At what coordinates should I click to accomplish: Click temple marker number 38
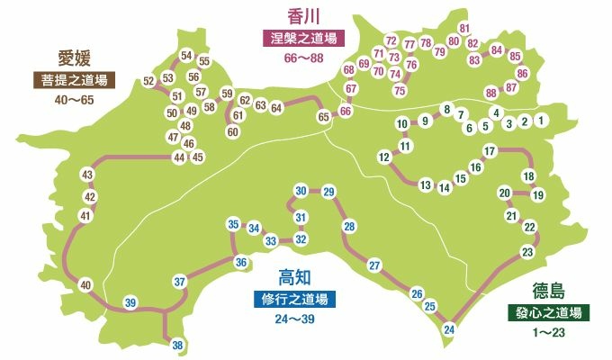click(177, 346)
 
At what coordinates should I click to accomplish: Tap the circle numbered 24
click(449, 330)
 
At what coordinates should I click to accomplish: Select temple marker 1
click(540, 120)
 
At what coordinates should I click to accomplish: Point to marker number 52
click(148, 82)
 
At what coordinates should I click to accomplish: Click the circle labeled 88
click(490, 93)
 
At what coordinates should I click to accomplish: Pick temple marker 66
click(345, 111)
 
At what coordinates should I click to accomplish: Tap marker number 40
click(85, 285)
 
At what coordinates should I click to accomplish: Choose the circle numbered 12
click(383, 157)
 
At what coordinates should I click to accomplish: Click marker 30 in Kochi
click(301, 190)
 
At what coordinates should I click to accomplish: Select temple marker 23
click(527, 252)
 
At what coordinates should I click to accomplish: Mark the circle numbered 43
click(87, 175)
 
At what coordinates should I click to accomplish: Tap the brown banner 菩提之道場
click(75, 80)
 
